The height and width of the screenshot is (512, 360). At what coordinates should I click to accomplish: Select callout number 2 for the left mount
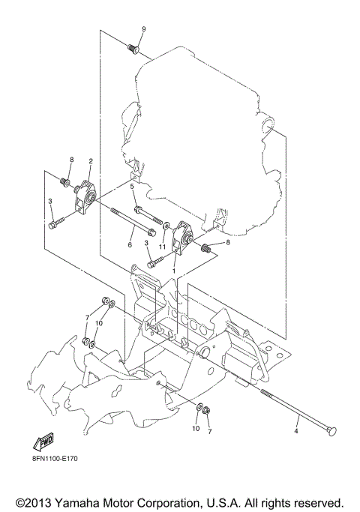click(90, 160)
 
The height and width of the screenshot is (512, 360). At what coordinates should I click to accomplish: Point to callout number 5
click(132, 187)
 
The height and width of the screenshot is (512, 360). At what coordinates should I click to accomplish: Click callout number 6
click(129, 244)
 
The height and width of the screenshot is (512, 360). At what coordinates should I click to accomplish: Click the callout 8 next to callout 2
click(72, 160)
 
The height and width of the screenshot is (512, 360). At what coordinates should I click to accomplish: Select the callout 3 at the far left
click(49, 202)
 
